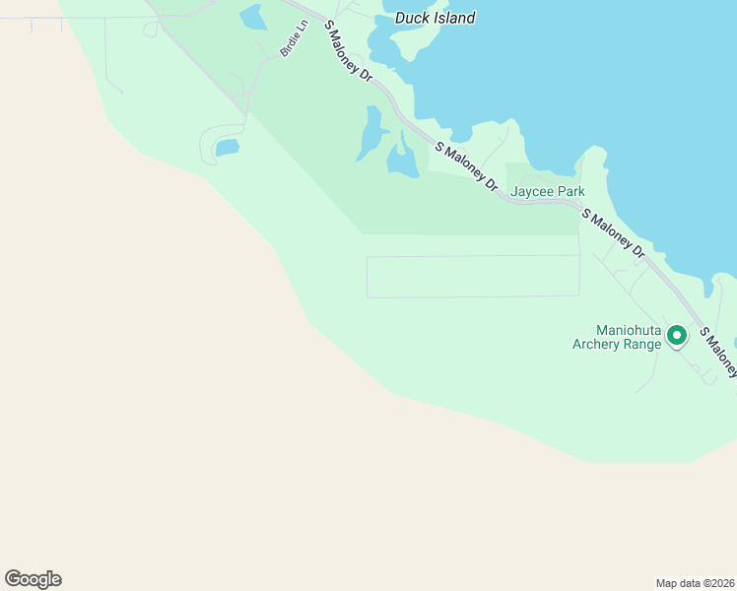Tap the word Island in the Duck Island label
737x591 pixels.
[x=453, y=17]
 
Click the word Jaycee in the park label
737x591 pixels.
[x=533, y=192]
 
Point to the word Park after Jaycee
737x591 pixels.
[x=570, y=192]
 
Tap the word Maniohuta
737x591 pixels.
[x=629, y=330]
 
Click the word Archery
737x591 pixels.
[x=601, y=345]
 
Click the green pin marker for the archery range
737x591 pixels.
[x=677, y=336]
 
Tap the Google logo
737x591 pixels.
[x=33, y=579]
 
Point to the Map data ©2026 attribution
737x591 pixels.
[x=695, y=582]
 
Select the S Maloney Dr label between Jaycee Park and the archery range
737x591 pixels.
[x=613, y=233]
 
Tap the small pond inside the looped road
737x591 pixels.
[x=228, y=148]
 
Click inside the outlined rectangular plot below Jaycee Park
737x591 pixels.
[x=473, y=277]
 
